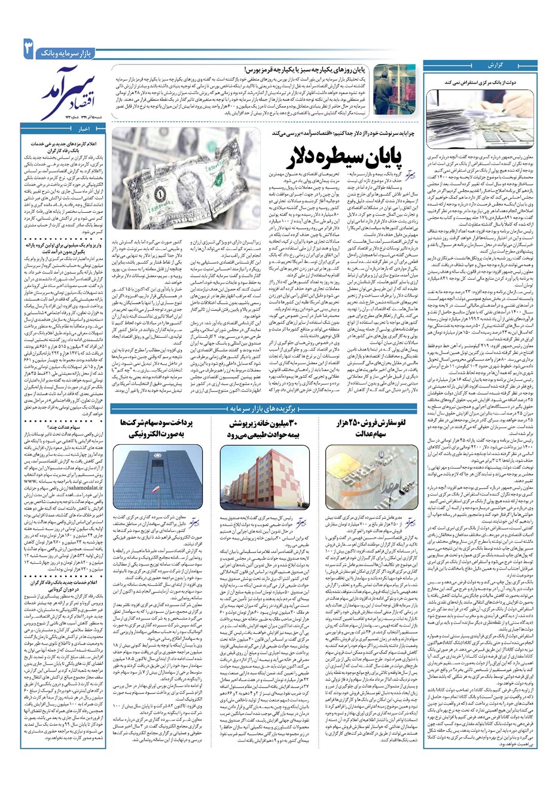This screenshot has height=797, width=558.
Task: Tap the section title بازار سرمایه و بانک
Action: tap(66, 54)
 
